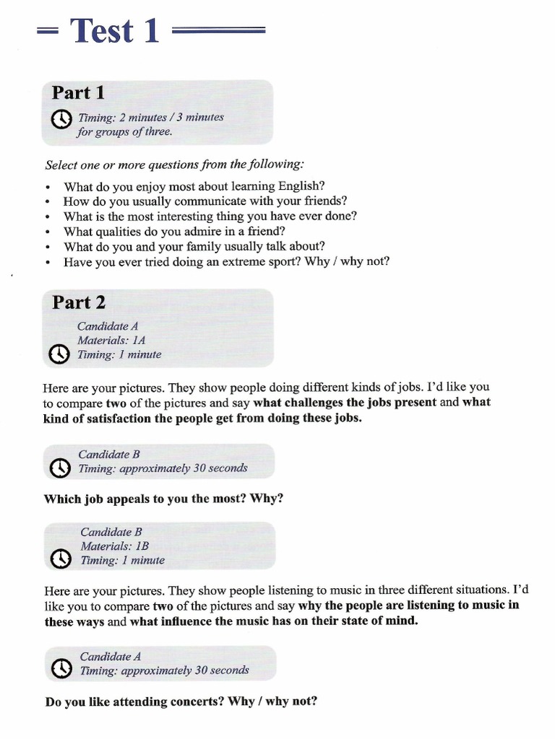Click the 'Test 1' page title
coord(115,31)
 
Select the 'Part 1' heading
coord(78,93)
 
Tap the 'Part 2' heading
coord(79,302)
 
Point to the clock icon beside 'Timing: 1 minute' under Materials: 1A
coord(59,354)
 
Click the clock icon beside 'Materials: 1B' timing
coord(62,559)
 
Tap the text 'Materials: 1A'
coord(111,340)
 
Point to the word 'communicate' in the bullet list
coord(186,201)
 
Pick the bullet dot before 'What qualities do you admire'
coord(47,232)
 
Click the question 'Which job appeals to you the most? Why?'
coord(163,498)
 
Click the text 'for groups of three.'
coord(124,131)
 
